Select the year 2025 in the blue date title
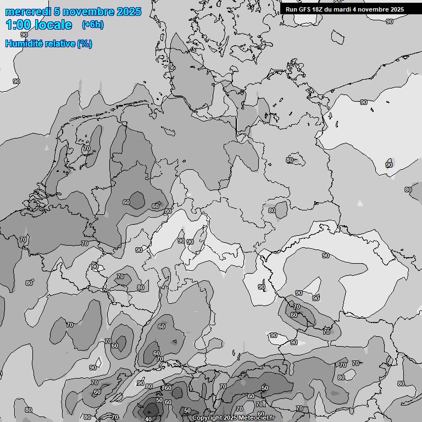pyautogui.click(x=129, y=12)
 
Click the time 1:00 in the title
pyautogui.click(x=18, y=25)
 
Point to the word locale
pyautogui.click(x=53, y=25)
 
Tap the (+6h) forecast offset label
pyautogui.click(x=92, y=25)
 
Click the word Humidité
pyautogui.click(x=23, y=43)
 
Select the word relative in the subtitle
pyautogui.click(x=59, y=43)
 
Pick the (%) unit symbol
pyautogui.click(x=85, y=43)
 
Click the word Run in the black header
pyautogui.click(x=291, y=9)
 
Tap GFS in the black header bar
pyautogui.click(x=304, y=9)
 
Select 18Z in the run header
pyautogui.click(x=318, y=9)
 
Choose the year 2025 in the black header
pyautogui.click(x=397, y=9)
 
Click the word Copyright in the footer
pyautogui.click(x=207, y=418)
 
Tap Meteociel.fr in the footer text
pyautogui.click(x=257, y=418)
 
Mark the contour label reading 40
pyautogui.click(x=148, y=419)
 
